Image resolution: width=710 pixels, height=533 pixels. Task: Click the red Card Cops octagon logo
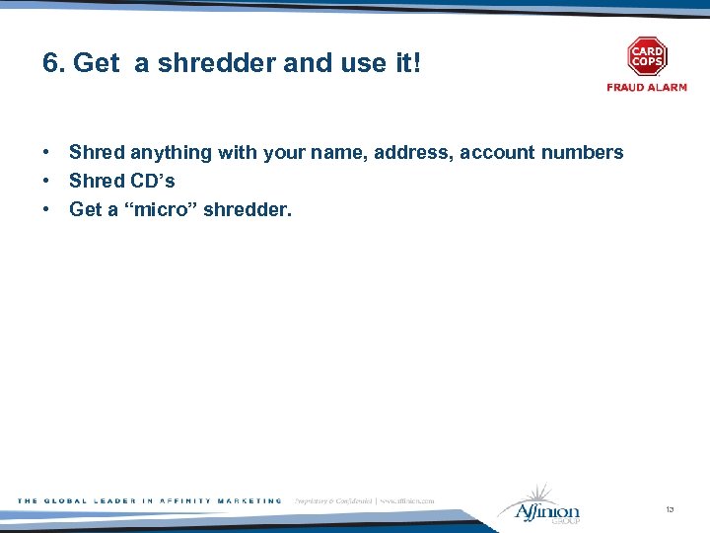click(x=647, y=56)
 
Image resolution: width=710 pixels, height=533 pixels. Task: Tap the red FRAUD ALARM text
click(x=647, y=88)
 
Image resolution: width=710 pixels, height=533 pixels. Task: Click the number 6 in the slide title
click(x=49, y=64)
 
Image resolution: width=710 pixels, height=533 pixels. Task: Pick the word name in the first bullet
click(x=339, y=153)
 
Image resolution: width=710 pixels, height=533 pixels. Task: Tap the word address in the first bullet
click(x=413, y=153)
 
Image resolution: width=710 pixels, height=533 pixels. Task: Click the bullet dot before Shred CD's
click(x=46, y=182)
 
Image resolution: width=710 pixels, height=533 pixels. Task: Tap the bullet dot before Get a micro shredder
click(x=46, y=210)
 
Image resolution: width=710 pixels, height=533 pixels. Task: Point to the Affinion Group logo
click(x=539, y=504)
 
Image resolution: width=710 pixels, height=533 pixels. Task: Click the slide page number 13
click(x=670, y=510)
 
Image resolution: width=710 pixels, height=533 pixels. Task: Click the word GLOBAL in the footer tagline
click(x=66, y=501)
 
